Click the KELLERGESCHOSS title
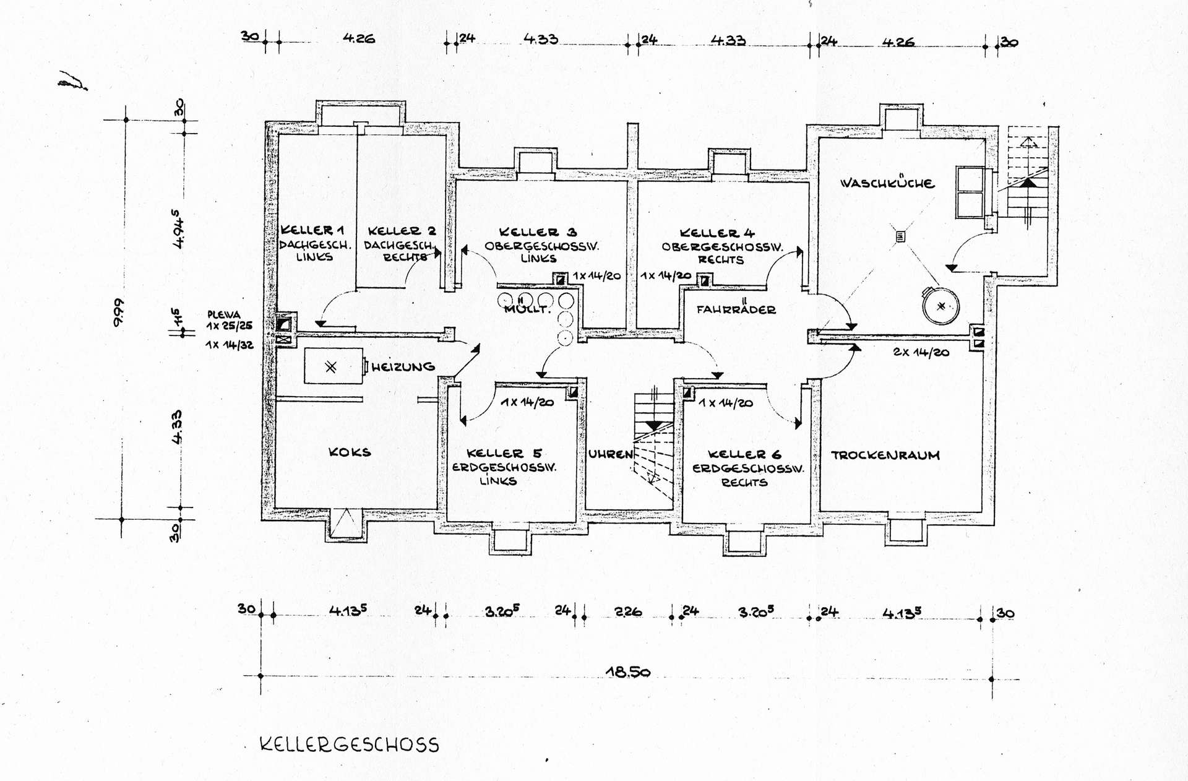click(x=350, y=744)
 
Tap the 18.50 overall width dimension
click(x=627, y=671)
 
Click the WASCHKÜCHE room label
click(x=887, y=183)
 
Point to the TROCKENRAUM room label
click(x=885, y=455)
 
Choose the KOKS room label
click(x=350, y=452)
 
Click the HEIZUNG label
click(x=403, y=367)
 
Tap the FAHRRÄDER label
click(x=736, y=309)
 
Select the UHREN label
click(x=610, y=454)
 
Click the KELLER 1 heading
click(x=312, y=230)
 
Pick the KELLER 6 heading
click(x=744, y=454)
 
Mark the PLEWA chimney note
click(x=223, y=314)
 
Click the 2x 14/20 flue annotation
click(x=921, y=352)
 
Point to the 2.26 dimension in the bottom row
click(x=627, y=612)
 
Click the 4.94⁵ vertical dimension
click(x=178, y=229)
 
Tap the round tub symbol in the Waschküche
click(x=940, y=306)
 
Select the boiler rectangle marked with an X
click(x=334, y=366)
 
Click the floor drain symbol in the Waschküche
click(x=900, y=236)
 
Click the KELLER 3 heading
click(x=538, y=232)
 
